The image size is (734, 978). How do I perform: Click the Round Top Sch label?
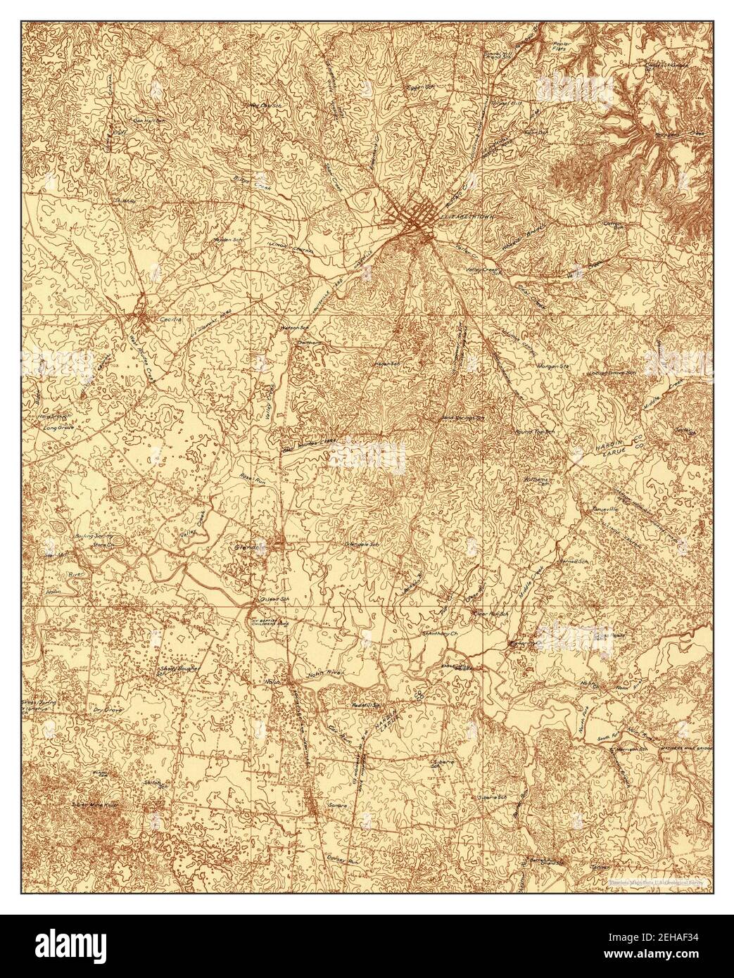(x=531, y=431)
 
